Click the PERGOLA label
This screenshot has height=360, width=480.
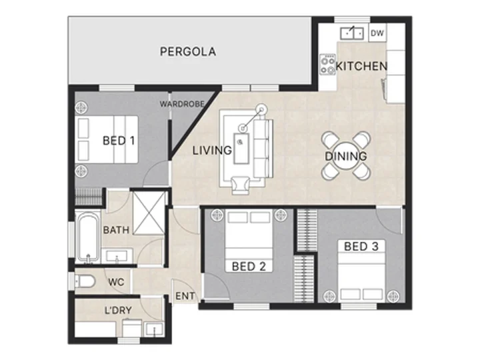click(x=188, y=51)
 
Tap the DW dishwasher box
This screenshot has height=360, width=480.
click(x=377, y=33)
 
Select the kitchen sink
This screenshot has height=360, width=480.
click(x=352, y=33)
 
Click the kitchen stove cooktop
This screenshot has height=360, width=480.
click(x=327, y=64)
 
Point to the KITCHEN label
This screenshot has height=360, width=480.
click(x=361, y=67)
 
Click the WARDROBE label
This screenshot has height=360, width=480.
click(x=182, y=104)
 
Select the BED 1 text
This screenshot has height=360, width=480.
click(x=119, y=141)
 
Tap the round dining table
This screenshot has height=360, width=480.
click(x=346, y=155)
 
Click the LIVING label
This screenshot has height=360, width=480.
click(x=212, y=150)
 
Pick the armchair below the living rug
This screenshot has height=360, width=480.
click(x=241, y=185)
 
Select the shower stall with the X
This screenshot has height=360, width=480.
click(x=149, y=213)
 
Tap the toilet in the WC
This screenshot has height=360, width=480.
click(x=85, y=281)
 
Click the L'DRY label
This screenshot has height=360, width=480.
click(x=118, y=311)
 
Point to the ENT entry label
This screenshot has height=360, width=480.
click(x=185, y=296)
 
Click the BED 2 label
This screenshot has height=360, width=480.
click(x=249, y=266)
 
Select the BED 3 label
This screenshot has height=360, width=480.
click(x=361, y=247)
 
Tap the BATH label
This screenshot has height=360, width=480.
click(x=116, y=230)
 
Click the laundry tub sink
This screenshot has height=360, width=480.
click(x=154, y=329)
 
